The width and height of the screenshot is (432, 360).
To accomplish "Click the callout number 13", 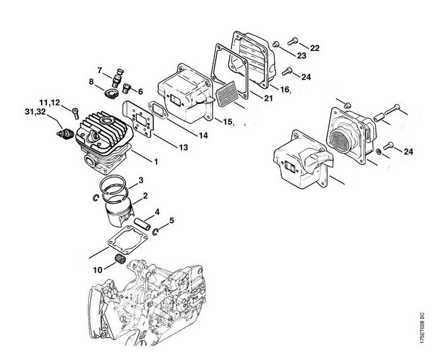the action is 184,148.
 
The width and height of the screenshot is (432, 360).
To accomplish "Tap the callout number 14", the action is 203,136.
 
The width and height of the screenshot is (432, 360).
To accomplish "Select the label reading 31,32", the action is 35,112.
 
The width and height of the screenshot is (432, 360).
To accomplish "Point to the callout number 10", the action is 97,270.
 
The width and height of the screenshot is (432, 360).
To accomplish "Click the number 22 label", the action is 315,48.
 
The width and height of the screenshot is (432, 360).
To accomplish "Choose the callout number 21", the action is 268,98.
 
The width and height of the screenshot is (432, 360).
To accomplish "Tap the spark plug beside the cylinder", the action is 66,134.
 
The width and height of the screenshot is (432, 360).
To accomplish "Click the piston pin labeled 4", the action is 142,224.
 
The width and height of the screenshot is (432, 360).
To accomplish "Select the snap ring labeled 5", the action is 155,232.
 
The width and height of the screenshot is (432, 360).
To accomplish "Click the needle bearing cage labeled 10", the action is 120,259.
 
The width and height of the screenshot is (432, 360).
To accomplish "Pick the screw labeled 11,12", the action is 75,113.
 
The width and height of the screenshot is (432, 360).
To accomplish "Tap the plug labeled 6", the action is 126,88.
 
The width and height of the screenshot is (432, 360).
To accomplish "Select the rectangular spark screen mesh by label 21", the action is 227,94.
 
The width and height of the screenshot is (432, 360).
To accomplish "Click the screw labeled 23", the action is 276,44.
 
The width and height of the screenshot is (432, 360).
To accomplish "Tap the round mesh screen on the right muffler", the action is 341,142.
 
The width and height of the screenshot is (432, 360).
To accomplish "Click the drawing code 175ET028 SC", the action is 421,327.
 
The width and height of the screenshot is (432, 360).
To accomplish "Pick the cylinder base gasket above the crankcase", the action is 127,240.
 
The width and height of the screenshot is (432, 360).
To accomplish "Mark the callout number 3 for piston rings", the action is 141,180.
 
